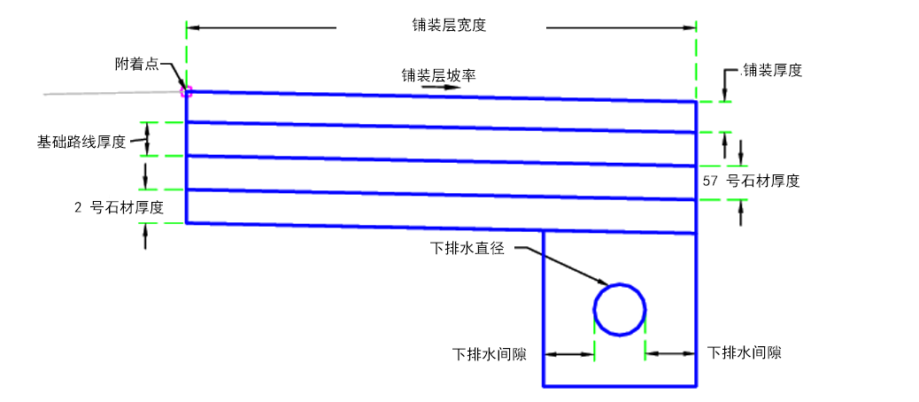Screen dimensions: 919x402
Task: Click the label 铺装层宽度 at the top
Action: [x=449, y=26]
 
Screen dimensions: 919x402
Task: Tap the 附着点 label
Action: [x=136, y=64]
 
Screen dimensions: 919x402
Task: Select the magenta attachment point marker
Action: [x=187, y=91]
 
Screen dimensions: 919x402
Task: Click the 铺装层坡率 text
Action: [x=438, y=75]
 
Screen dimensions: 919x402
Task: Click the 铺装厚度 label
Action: [x=771, y=70]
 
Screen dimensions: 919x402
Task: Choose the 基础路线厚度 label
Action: [x=81, y=142]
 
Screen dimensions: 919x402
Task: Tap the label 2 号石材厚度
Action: [x=119, y=207]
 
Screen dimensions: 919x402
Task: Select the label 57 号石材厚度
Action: [x=751, y=181]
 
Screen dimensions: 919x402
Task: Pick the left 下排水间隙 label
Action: [x=489, y=354]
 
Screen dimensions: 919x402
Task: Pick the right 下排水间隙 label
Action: [x=744, y=352]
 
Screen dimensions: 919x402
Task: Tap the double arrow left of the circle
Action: [x=569, y=354]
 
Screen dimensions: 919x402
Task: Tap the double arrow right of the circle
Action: [x=670, y=352]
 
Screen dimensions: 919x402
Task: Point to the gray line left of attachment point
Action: [x=113, y=93]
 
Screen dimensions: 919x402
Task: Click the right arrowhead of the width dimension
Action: [x=688, y=27]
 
